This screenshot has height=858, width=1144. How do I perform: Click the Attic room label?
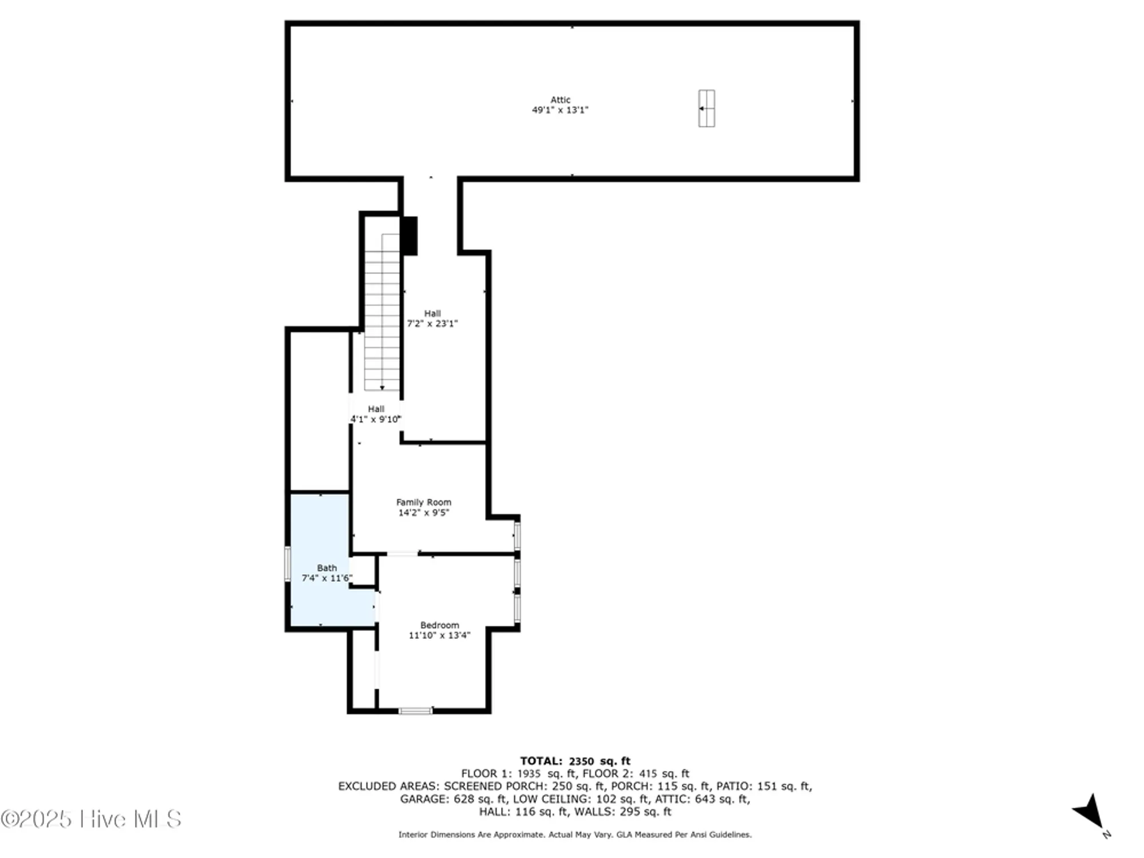point(560,100)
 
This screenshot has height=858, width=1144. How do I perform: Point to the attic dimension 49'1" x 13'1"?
point(560,110)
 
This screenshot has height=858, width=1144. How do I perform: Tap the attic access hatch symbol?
point(706,108)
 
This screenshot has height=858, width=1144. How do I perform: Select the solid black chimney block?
point(410,236)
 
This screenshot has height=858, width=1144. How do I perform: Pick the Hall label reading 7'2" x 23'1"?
point(432,319)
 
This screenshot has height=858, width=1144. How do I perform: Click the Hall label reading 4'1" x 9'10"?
point(376,414)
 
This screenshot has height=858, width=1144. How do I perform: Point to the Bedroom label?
point(439,625)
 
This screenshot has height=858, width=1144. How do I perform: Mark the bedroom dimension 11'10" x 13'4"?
point(439,635)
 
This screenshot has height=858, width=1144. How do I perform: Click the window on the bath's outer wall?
point(288,563)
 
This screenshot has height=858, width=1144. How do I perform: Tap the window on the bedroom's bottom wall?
point(415,711)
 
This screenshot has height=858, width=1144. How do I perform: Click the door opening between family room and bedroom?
point(402,554)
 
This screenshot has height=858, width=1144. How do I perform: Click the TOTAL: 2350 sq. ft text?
point(575,761)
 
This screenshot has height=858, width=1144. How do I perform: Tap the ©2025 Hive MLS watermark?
point(92,819)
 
